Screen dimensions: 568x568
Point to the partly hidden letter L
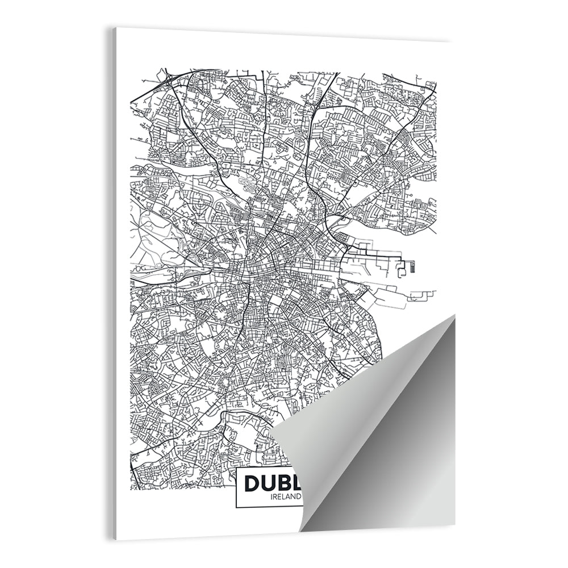pyautogui.click(x=300, y=484)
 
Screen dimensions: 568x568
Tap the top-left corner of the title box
pyautogui.click(x=236, y=470)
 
